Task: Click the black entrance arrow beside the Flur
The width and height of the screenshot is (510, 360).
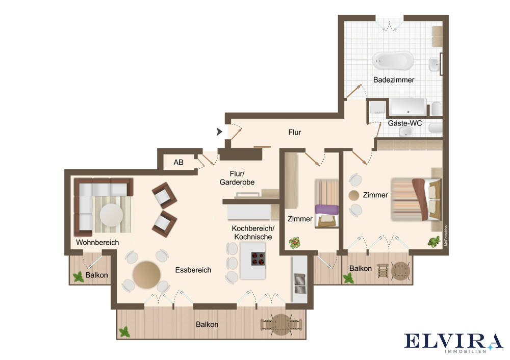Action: (219, 132)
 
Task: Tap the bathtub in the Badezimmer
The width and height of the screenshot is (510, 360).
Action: (393, 61)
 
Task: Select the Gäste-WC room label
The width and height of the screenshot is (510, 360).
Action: (404, 123)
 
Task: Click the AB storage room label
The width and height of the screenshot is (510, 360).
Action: (178, 162)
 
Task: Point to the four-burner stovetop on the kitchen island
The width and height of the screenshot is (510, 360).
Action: (258, 259)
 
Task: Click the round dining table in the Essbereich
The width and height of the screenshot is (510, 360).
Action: (146, 275)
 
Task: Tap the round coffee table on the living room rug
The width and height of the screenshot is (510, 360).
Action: (111, 215)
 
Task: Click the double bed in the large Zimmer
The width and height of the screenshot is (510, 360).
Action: (416, 199)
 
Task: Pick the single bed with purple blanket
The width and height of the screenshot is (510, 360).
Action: (326, 204)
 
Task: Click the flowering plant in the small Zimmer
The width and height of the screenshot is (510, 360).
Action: (294, 243)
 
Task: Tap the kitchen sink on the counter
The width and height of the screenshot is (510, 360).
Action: (299, 284)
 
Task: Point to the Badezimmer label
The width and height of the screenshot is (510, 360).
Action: (394, 80)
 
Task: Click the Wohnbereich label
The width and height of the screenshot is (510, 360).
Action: (97, 242)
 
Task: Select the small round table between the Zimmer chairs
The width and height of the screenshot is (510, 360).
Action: (354, 195)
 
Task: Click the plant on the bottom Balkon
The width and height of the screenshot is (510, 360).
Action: (124, 332)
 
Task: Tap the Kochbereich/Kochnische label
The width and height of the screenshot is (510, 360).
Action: (253, 233)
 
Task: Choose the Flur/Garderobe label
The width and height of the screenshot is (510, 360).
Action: (237, 178)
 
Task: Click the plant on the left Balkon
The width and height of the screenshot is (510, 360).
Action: (78, 277)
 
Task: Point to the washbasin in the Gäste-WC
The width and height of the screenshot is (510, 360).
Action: (406, 132)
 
